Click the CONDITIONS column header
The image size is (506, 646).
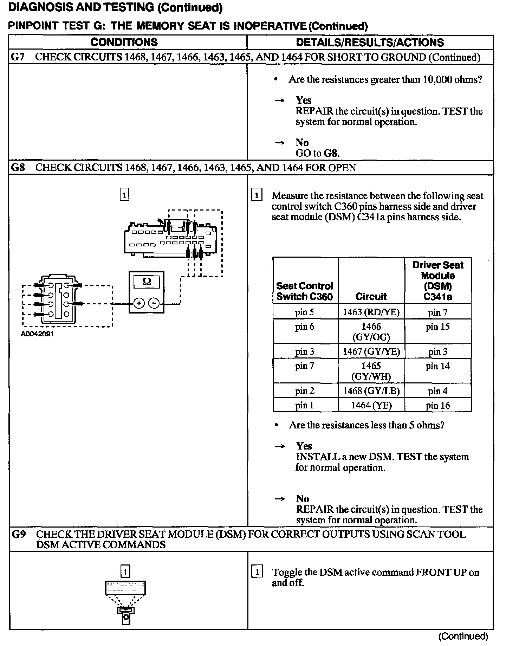point(124,42)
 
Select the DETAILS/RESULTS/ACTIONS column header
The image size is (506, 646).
point(370,42)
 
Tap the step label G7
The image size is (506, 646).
point(18,57)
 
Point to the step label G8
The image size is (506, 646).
point(18,167)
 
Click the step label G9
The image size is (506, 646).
point(18,534)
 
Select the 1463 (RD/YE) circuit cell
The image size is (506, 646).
point(371,312)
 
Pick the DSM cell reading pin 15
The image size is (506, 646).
point(437,327)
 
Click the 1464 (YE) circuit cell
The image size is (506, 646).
point(371,405)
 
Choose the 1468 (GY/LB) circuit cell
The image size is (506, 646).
point(371,391)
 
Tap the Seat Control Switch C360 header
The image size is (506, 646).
point(304,291)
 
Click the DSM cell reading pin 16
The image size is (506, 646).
point(437,405)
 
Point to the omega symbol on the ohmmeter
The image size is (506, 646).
point(147,282)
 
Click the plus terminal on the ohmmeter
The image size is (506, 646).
point(139,303)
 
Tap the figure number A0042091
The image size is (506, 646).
point(37,334)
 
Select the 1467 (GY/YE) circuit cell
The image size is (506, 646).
point(371,351)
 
